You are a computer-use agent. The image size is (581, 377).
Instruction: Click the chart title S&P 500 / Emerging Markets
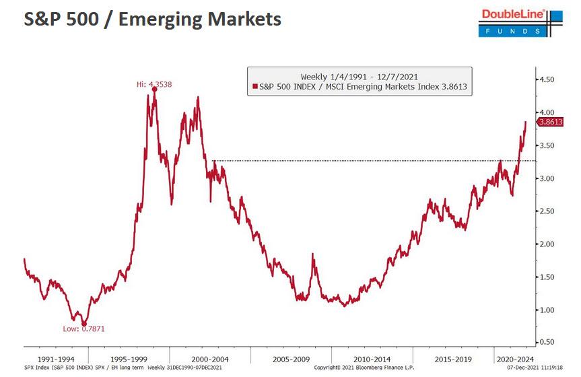click(x=152, y=20)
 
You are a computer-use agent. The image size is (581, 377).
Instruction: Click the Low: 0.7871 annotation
click(x=84, y=329)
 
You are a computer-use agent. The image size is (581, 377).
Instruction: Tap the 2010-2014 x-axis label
click(x=372, y=359)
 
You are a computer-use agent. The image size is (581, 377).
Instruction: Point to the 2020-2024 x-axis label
click(x=516, y=359)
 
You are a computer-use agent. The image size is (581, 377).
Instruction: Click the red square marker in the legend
click(x=254, y=87)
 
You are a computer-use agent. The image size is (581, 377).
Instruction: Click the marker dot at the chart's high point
click(x=155, y=89)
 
